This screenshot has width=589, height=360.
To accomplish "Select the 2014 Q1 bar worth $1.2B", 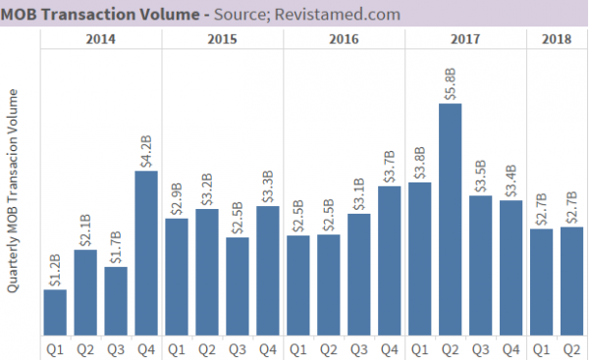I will click(55, 311).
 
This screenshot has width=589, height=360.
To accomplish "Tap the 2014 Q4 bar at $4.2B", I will click(146, 252).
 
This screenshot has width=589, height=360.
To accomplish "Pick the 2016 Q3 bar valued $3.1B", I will click(358, 273).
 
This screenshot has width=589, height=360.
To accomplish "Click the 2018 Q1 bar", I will click(541, 281).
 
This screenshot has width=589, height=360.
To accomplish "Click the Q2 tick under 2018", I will click(571, 348).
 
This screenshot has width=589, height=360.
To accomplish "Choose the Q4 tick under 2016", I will click(389, 348).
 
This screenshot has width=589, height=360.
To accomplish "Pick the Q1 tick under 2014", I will click(55, 348).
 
